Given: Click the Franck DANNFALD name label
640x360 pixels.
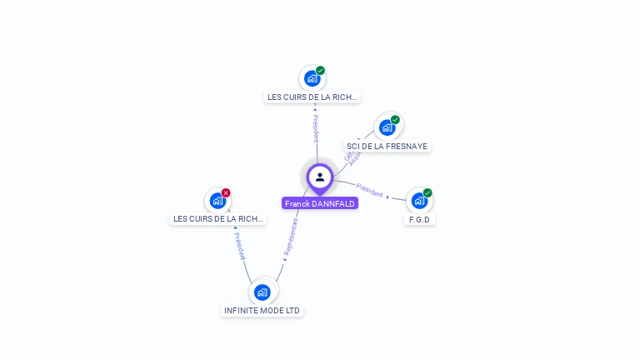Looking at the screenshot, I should [x=320, y=203].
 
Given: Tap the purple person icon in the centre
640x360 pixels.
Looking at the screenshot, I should [x=320, y=177].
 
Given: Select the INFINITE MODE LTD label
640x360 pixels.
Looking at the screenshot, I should [x=262, y=311].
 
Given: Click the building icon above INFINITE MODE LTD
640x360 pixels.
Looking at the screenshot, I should [x=262, y=292].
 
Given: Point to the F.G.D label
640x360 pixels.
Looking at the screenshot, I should [x=419, y=219].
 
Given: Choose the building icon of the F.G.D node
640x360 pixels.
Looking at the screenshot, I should [x=418, y=201].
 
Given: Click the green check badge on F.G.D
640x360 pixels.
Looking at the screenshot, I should [x=427, y=192].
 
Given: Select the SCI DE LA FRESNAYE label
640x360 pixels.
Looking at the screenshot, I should [x=387, y=146].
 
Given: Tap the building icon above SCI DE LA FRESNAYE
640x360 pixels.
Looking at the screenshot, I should [x=387, y=127].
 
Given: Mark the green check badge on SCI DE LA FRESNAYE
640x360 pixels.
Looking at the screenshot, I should [x=395, y=120].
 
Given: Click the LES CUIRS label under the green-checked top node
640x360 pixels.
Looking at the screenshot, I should [x=312, y=97].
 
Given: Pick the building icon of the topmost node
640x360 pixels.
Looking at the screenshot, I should [x=312, y=78].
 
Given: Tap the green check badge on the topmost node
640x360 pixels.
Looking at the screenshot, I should [x=320, y=71].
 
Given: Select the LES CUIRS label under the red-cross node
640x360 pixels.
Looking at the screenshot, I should [x=217, y=219].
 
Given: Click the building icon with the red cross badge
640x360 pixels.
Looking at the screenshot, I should [x=217, y=201].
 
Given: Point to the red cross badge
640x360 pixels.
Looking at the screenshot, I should [x=226, y=193].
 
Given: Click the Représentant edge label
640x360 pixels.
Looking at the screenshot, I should [x=289, y=237].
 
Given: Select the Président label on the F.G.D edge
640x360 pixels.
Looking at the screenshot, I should [x=370, y=190].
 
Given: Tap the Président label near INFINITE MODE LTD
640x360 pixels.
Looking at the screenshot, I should [x=239, y=246].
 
